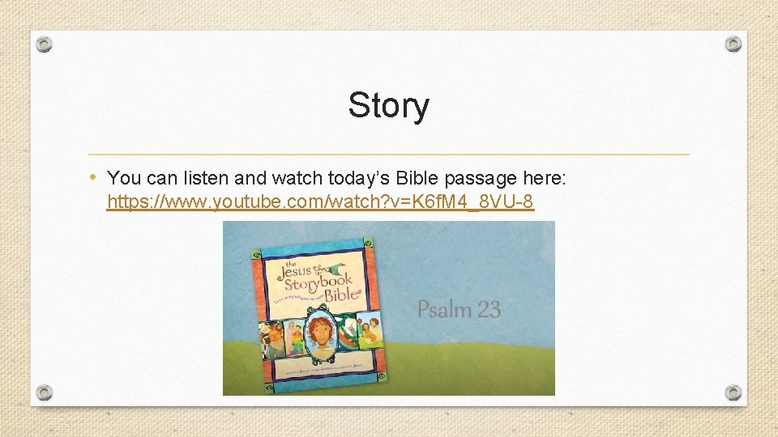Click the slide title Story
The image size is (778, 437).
click(x=388, y=105)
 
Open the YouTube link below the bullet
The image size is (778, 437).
click(x=320, y=202)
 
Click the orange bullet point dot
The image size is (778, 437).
click(x=94, y=176)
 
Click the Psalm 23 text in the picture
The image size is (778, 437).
click(x=459, y=309)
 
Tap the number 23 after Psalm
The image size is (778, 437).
click(x=489, y=309)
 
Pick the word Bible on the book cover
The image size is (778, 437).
click(x=343, y=295)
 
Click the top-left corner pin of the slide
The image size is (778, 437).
click(x=45, y=44)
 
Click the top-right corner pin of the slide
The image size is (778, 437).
click(x=733, y=44)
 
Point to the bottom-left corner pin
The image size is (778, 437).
click(x=45, y=392)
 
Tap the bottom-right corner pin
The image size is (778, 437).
click(x=733, y=392)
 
